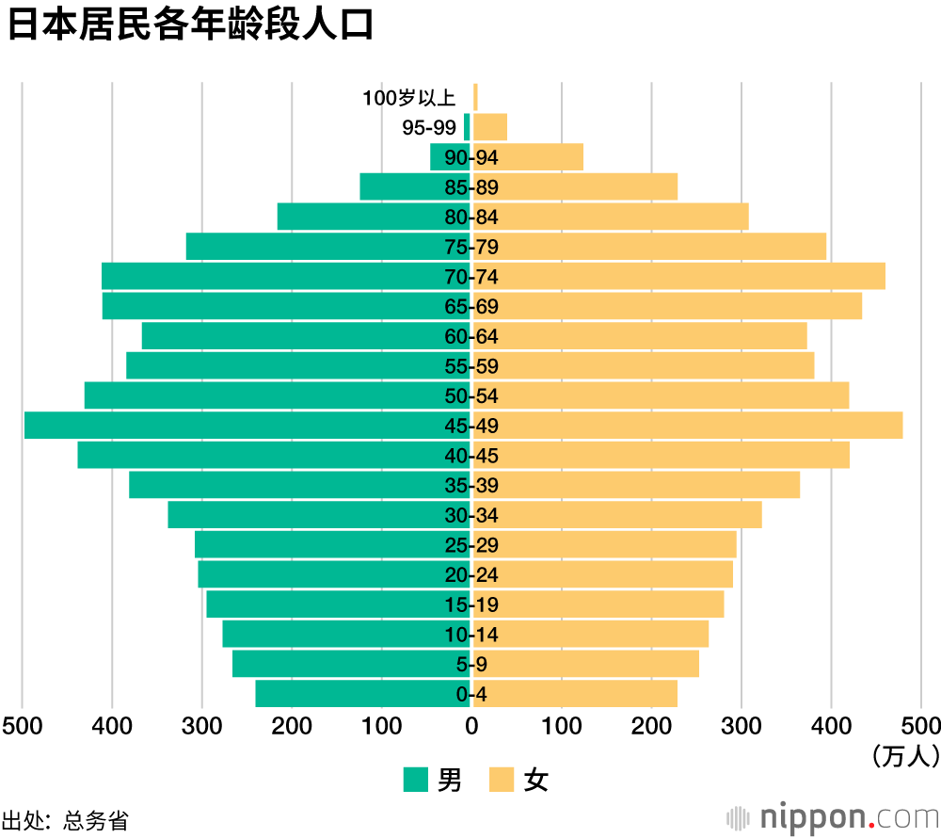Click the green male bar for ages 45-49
pyautogui.click(x=245, y=426)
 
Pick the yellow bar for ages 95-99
pyautogui.click(x=490, y=127)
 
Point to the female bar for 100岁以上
pyautogui.click(x=475, y=97)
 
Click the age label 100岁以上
pyautogui.click(x=409, y=98)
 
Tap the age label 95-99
pyautogui.click(x=429, y=128)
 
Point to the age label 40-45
pyautogui.click(x=471, y=456)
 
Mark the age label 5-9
pyautogui.click(x=471, y=665)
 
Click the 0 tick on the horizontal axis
pyautogui.click(x=471, y=725)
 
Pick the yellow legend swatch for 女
pyautogui.click(x=502, y=780)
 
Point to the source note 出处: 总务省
pyautogui.click(x=65, y=820)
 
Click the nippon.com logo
pyautogui.click(x=833, y=815)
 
